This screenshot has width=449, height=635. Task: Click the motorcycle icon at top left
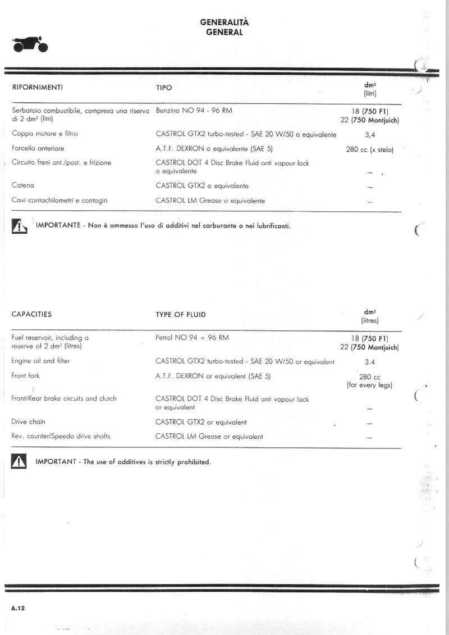pos(30,44)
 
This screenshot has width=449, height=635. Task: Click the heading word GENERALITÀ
pos(224,22)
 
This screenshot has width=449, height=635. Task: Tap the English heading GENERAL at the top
pos(224,32)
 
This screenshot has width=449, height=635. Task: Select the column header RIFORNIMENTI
pos(37,88)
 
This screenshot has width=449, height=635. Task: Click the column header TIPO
pos(164,88)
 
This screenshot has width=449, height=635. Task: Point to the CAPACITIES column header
pos(31,314)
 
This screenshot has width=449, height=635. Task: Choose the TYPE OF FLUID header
pos(181,315)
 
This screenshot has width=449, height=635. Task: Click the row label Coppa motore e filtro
pos(45,134)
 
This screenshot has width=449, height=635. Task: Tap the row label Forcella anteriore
pos(38,148)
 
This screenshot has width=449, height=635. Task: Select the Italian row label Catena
pos(23,185)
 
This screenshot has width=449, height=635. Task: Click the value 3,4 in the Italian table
pos(370,135)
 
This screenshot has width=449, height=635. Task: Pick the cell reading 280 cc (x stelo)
pos(370,150)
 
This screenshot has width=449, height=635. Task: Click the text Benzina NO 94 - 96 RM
pos(194,111)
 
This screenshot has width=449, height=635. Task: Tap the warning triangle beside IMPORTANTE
pos(20,226)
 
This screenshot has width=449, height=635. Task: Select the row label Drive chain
pos(29,421)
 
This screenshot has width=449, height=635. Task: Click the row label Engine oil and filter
pos(41,361)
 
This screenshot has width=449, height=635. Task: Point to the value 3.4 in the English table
pos(370,362)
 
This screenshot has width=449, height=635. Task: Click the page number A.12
pos(18,608)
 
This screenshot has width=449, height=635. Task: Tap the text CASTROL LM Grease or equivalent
pos(209,436)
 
